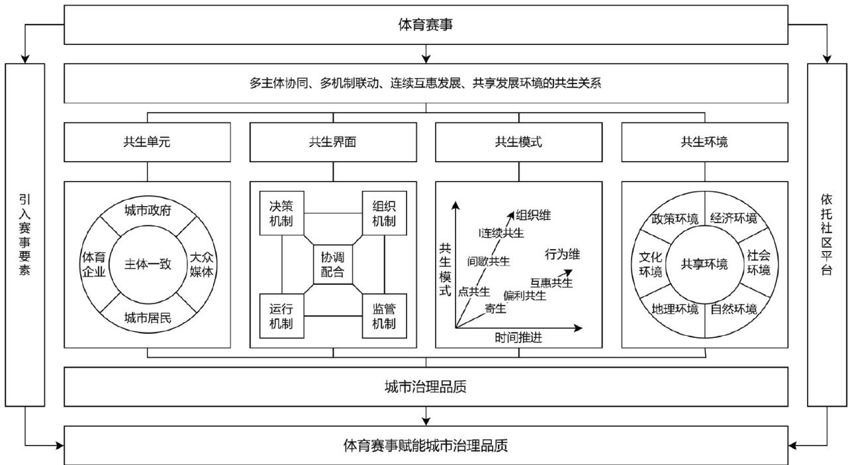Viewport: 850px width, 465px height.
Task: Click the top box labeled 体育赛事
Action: coord(426,25)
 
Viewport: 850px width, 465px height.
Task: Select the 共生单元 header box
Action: coord(147,141)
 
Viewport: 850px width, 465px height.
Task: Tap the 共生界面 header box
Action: coord(333,141)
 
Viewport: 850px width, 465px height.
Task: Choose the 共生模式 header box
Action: coord(519,141)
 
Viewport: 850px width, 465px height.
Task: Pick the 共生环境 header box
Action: coord(704,141)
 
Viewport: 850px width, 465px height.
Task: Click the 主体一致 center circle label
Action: coord(148,264)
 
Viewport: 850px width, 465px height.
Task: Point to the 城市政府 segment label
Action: coord(148,211)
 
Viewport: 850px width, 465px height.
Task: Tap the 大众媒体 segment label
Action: coord(202,264)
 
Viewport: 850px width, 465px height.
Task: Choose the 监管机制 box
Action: coord(384,316)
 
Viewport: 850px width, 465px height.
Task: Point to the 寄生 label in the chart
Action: coord(495,308)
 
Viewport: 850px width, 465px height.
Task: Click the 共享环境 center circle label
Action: coord(704,264)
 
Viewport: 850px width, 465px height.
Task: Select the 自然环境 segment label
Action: coord(733,309)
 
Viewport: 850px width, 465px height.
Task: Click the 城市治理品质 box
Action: coord(426,387)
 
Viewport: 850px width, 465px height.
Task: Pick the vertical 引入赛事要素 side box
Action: coord(25,233)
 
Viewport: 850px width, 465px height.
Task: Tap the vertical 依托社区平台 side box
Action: coord(826,233)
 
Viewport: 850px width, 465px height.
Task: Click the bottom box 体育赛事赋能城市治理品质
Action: coord(426,445)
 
